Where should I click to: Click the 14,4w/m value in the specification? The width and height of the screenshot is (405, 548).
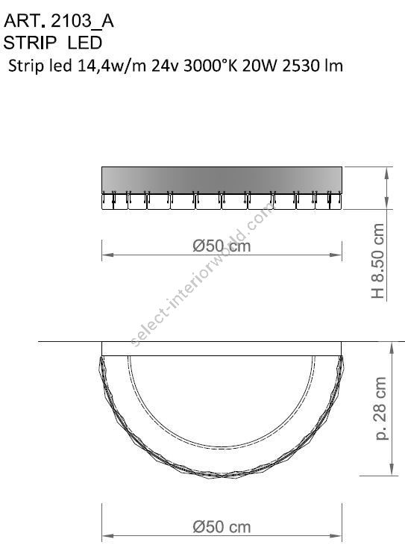coord(118,66)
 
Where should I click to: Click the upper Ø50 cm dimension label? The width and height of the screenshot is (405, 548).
coord(222,246)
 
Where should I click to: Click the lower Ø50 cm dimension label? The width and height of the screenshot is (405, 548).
coord(222,526)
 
